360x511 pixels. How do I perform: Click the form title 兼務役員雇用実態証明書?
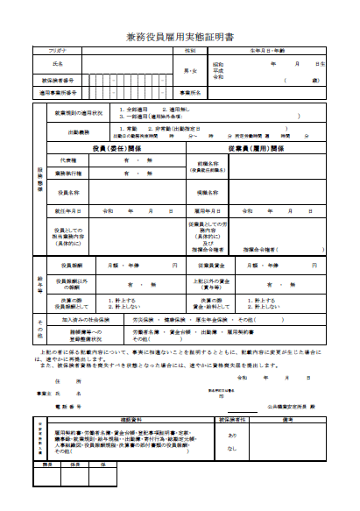(180, 39)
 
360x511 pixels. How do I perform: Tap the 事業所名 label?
(191, 91)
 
